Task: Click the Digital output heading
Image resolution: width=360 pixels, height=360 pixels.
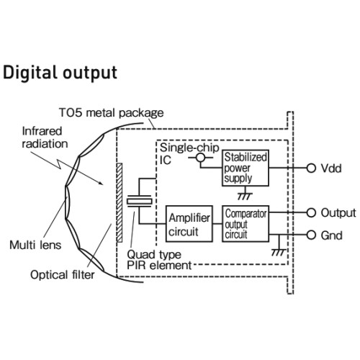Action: [60, 73]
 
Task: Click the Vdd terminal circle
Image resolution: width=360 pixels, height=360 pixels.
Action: [311, 168]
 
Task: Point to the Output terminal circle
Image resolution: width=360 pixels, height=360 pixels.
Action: [311, 212]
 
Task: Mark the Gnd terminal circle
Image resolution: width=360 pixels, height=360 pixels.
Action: [311, 235]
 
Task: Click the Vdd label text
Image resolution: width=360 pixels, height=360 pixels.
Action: [331, 168]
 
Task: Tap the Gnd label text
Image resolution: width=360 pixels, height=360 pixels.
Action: [331, 235]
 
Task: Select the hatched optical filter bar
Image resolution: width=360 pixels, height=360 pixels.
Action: [120, 202]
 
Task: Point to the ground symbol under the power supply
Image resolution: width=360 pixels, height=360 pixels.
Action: [245, 195]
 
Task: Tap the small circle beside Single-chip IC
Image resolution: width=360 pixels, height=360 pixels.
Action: [201, 158]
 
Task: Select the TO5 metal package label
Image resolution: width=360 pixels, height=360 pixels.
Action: [112, 112]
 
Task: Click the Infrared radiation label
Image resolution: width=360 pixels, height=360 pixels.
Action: [45, 138]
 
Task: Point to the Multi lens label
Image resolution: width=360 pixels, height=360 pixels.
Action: [35, 245]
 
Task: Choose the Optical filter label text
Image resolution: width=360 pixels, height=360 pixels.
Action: [63, 275]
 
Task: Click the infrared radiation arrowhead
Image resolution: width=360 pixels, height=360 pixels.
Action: [102, 183]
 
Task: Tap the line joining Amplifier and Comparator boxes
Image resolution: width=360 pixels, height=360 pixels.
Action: [217, 224]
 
